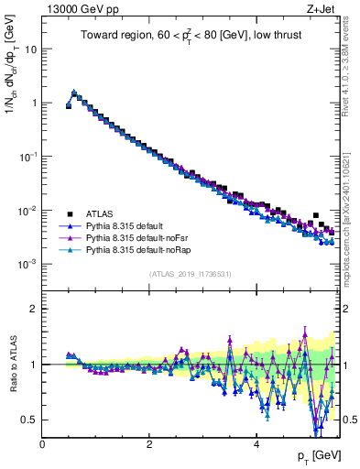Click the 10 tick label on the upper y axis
click(x=29, y=49)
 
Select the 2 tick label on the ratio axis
click(x=34, y=309)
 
